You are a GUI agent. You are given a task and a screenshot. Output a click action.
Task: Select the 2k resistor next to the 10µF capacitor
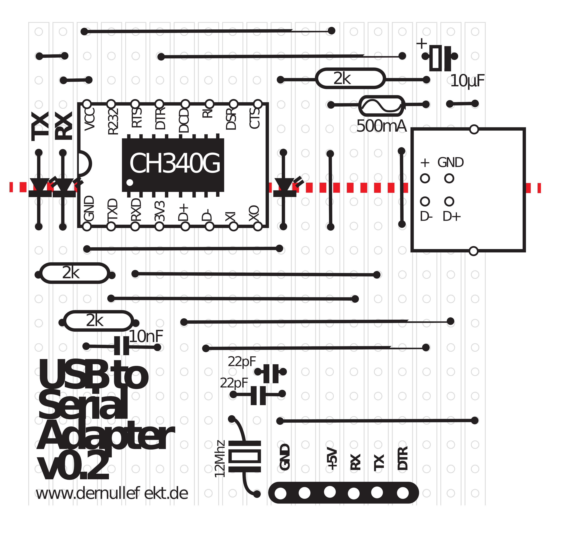[x=350, y=78]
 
